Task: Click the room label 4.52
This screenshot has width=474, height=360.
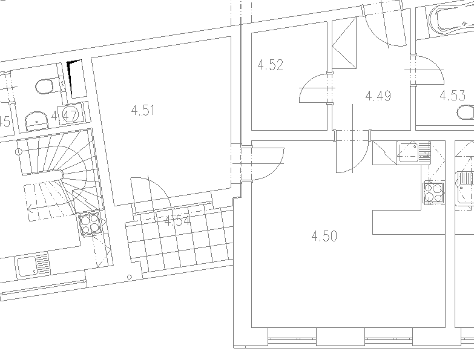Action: point(271,65)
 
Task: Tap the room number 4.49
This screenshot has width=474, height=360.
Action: point(378,96)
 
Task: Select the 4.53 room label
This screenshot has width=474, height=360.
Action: point(452,95)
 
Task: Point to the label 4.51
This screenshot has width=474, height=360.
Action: point(143,110)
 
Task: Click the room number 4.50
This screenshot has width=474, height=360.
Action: point(324,236)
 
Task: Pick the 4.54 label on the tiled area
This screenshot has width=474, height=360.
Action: point(177,221)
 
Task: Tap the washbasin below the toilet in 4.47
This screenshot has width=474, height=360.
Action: point(38,120)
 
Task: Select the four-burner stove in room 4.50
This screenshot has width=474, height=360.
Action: point(433,192)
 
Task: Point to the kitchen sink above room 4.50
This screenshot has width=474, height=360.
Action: point(413,152)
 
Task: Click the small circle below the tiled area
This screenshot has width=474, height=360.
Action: point(130,277)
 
